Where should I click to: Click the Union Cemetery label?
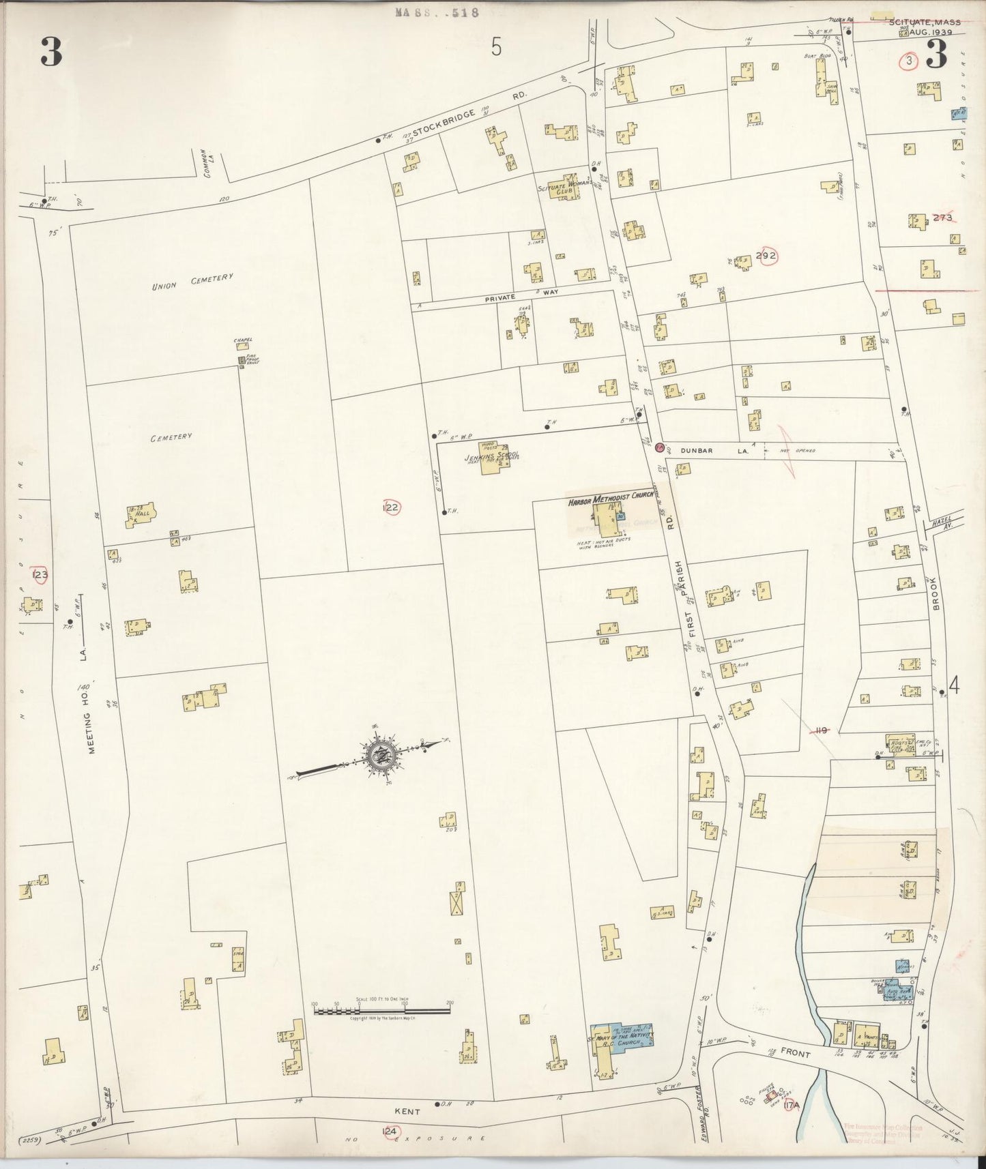[x=192, y=282]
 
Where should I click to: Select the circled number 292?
[x=766, y=256]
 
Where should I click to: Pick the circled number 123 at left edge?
[x=40, y=574]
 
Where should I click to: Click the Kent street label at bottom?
[x=406, y=1111]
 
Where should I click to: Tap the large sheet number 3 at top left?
[x=51, y=53]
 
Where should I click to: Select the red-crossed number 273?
[x=942, y=218]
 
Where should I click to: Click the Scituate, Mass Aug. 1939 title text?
[x=924, y=27]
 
